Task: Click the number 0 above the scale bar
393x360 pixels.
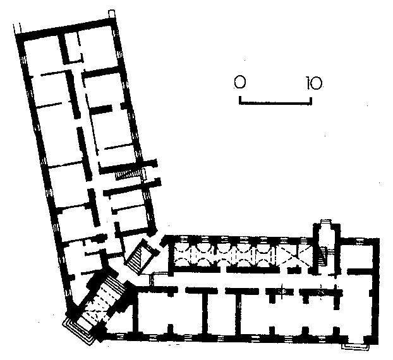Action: point(240,82)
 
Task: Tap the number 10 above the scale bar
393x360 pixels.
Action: point(314,83)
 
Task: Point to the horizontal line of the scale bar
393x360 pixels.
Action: point(275,103)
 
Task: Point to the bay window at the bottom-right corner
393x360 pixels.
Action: point(355,346)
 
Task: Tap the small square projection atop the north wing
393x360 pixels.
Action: point(112,14)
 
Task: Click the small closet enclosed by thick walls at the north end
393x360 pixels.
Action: point(72,47)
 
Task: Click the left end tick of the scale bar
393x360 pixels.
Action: point(240,100)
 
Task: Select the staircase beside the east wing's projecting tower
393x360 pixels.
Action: point(323,256)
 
